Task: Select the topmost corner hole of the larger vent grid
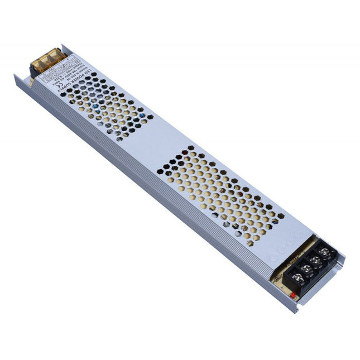tap(191, 148)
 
